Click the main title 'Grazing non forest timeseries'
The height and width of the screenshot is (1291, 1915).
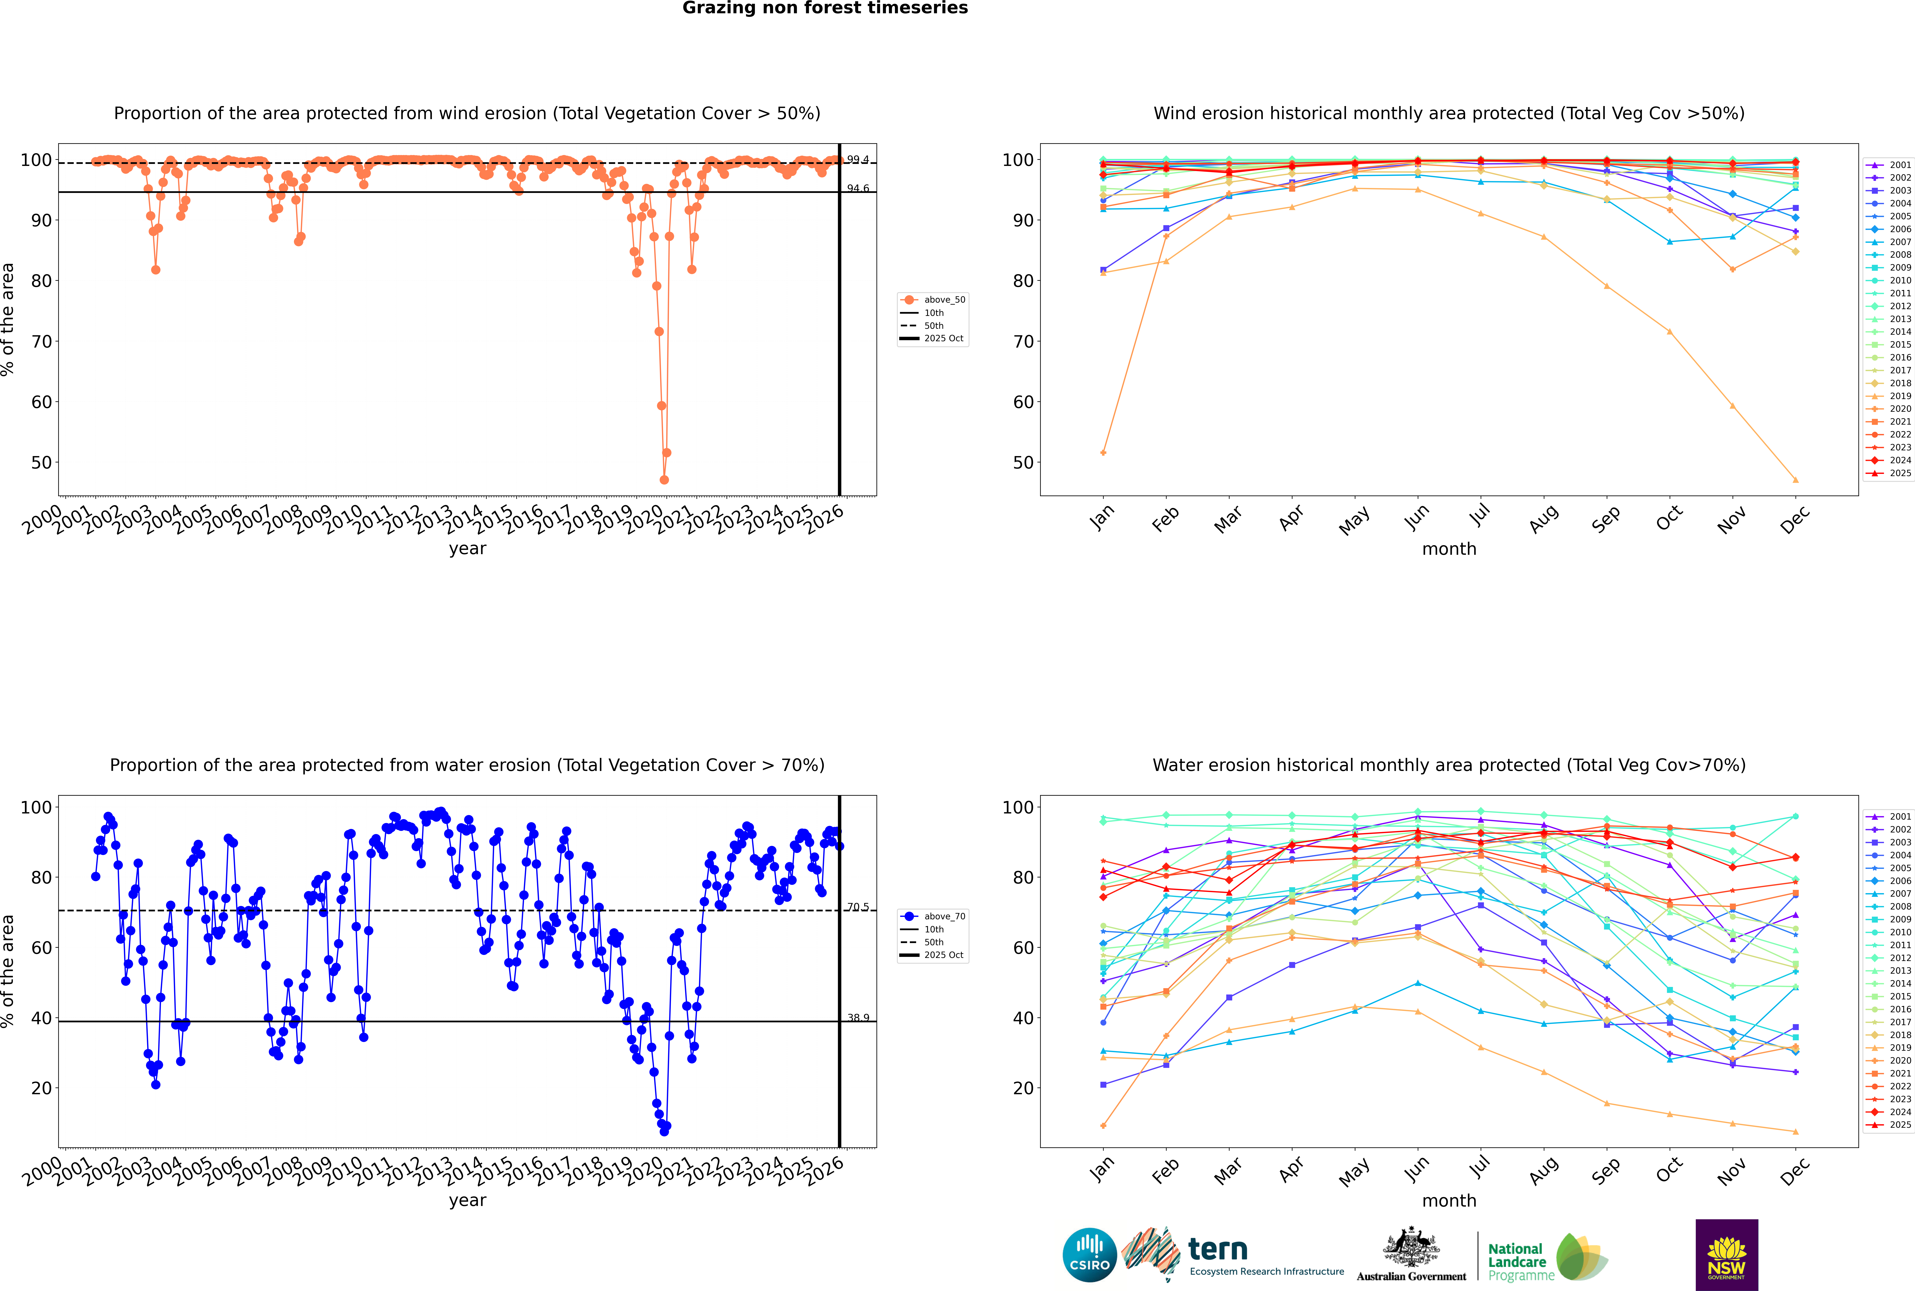click(825, 8)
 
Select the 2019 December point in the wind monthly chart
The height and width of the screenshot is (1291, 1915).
click(1796, 480)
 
